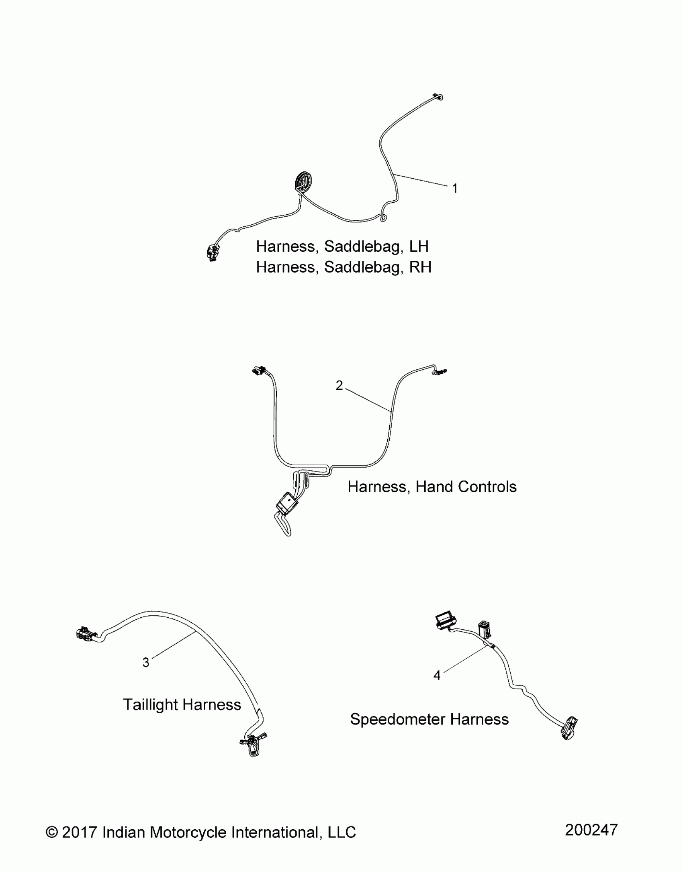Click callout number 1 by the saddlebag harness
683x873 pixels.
point(455,188)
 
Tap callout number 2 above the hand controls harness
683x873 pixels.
point(339,385)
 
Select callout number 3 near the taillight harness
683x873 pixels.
point(146,662)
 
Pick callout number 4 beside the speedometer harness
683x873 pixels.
point(437,676)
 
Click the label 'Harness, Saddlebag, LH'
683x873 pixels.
point(342,246)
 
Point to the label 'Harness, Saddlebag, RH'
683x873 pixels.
point(344,267)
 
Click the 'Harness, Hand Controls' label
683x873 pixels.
point(432,487)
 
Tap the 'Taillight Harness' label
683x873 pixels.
point(182,705)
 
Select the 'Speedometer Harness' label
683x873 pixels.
point(429,719)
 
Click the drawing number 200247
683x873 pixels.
point(591,830)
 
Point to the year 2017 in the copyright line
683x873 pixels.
point(80,832)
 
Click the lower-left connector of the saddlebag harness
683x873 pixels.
point(212,252)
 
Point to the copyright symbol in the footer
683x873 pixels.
point(51,832)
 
